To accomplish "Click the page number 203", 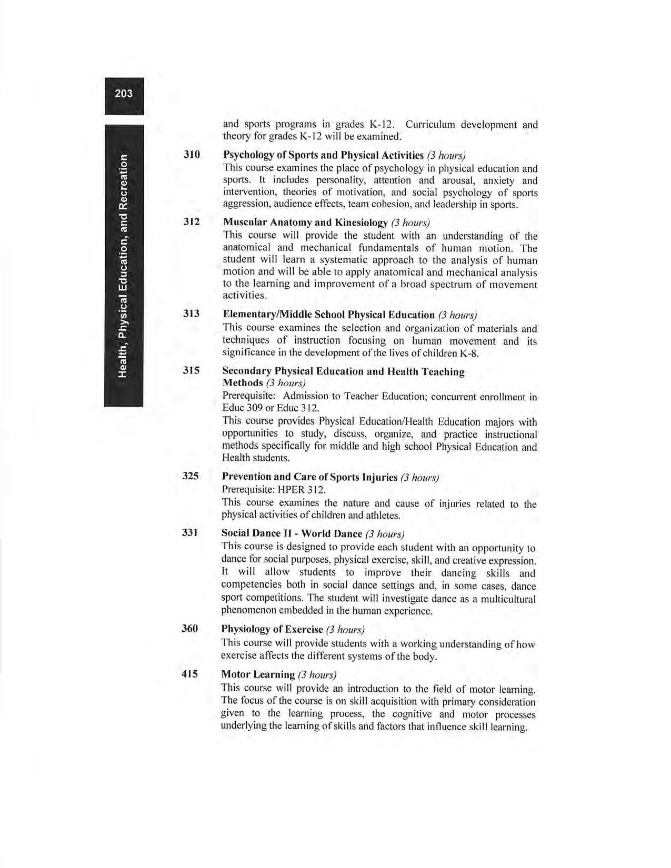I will click(124, 94).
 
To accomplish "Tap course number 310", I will click(192, 155).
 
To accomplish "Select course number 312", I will click(192, 221).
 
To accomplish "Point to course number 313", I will click(192, 314).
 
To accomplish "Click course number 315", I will click(192, 370).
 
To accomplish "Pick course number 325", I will click(191, 476).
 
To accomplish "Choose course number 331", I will click(190, 532).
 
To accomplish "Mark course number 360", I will click(190, 629).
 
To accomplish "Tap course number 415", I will click(190, 674).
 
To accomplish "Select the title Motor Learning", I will click(258, 674).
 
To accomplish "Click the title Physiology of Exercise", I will click(272, 629).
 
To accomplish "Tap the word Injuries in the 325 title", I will click(380, 477).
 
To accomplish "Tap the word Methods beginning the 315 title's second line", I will click(243, 383).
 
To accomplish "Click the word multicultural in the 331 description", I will click(508, 599).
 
